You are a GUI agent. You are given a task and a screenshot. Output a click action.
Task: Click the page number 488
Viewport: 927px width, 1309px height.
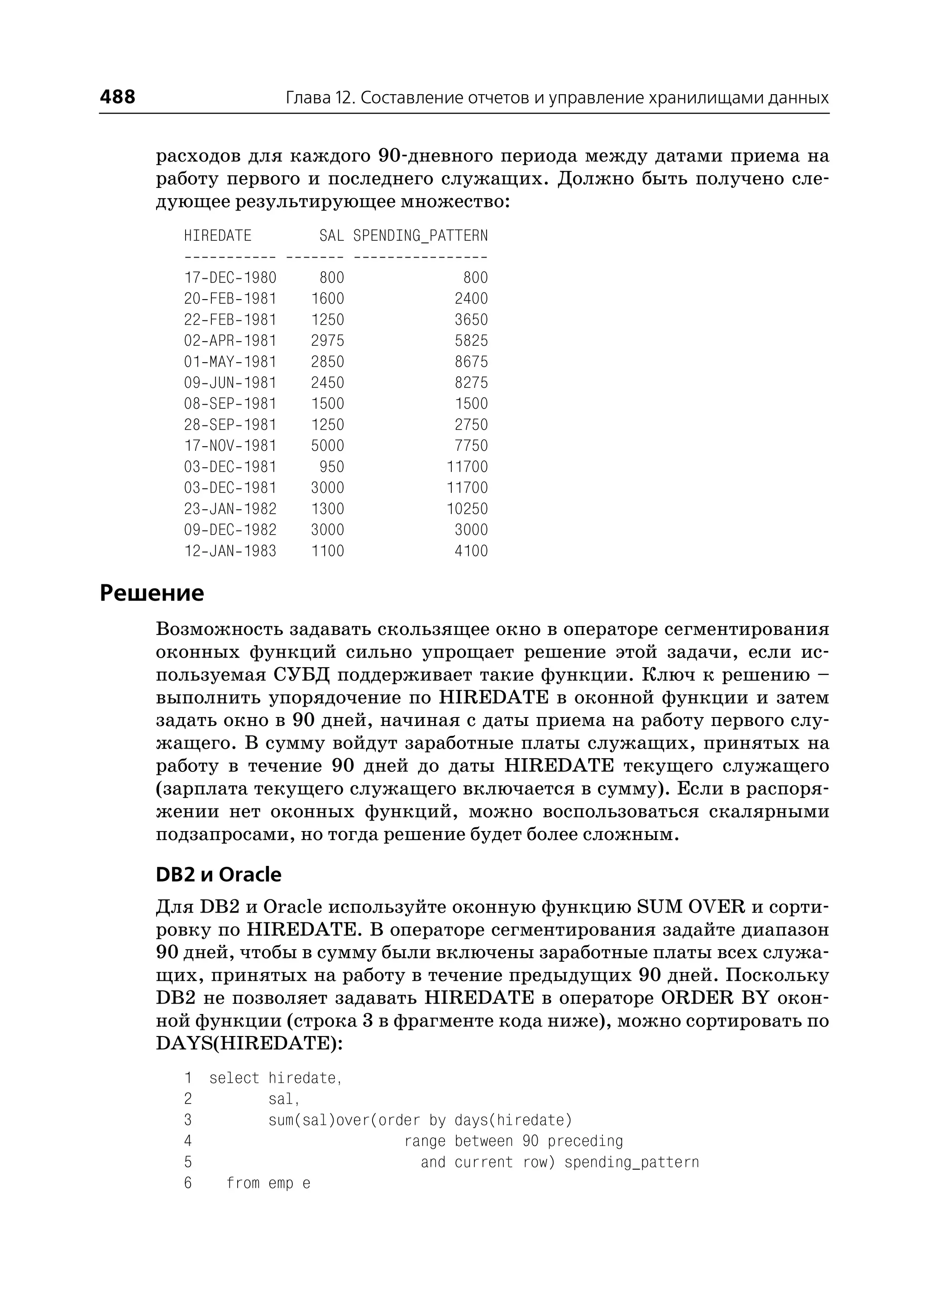tap(118, 96)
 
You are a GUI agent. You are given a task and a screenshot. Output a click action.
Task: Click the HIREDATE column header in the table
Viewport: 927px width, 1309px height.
tap(217, 236)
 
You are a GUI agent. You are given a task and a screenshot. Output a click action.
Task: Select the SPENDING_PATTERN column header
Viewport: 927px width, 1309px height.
tap(420, 236)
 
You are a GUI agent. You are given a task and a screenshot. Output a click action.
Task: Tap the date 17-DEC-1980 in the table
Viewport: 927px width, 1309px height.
tap(230, 278)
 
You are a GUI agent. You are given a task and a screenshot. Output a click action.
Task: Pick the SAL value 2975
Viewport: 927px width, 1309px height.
tap(328, 341)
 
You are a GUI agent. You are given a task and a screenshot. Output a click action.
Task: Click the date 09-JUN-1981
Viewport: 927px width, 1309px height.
tap(230, 383)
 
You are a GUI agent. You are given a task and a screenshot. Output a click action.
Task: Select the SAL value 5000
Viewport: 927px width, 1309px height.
tap(328, 446)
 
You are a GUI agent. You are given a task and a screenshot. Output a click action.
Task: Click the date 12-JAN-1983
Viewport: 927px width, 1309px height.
tap(230, 551)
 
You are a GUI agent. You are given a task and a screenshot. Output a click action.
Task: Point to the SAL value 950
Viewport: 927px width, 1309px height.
tap(332, 467)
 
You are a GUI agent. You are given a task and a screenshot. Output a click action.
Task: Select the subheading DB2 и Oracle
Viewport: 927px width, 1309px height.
tap(219, 874)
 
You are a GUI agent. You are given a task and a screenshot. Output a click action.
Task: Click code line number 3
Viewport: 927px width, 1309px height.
tap(188, 1121)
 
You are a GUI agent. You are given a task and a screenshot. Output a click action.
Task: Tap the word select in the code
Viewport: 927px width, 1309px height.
tap(234, 1078)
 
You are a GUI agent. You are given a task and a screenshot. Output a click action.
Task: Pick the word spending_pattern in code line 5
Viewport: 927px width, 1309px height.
tap(631, 1162)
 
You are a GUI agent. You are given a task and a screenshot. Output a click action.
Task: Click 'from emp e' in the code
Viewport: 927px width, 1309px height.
tap(268, 1184)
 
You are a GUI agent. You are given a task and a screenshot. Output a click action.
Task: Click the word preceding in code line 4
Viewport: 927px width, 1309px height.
tap(585, 1141)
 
